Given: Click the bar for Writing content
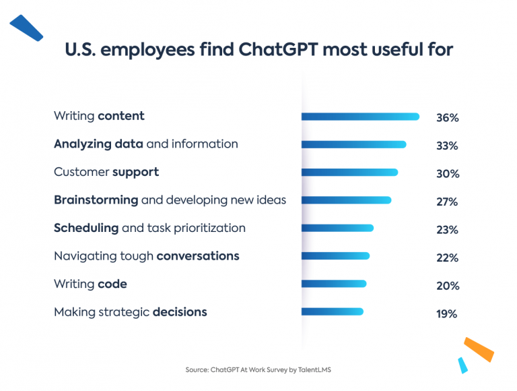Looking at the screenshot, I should (x=360, y=117).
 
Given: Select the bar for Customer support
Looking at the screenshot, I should (x=349, y=173).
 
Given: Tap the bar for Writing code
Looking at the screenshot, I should (x=334, y=284).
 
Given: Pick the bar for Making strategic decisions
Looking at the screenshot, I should (x=333, y=311).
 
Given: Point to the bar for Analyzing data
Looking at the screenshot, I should (x=353, y=144).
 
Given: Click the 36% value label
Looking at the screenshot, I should (x=447, y=118).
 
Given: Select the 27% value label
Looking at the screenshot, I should (x=447, y=202).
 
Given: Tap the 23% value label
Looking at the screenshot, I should (x=447, y=230).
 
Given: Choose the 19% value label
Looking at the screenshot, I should (x=447, y=313).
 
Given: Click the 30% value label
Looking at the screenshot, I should (x=447, y=174).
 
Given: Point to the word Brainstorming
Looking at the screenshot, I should (x=96, y=200).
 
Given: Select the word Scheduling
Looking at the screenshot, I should (x=86, y=229).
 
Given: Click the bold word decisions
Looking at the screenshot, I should (x=180, y=311).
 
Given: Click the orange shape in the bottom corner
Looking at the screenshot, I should (x=479, y=350).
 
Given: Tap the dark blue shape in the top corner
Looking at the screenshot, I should (x=26, y=27).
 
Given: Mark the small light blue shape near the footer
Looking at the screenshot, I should (x=462, y=365).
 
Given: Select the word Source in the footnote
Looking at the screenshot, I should (x=197, y=369).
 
